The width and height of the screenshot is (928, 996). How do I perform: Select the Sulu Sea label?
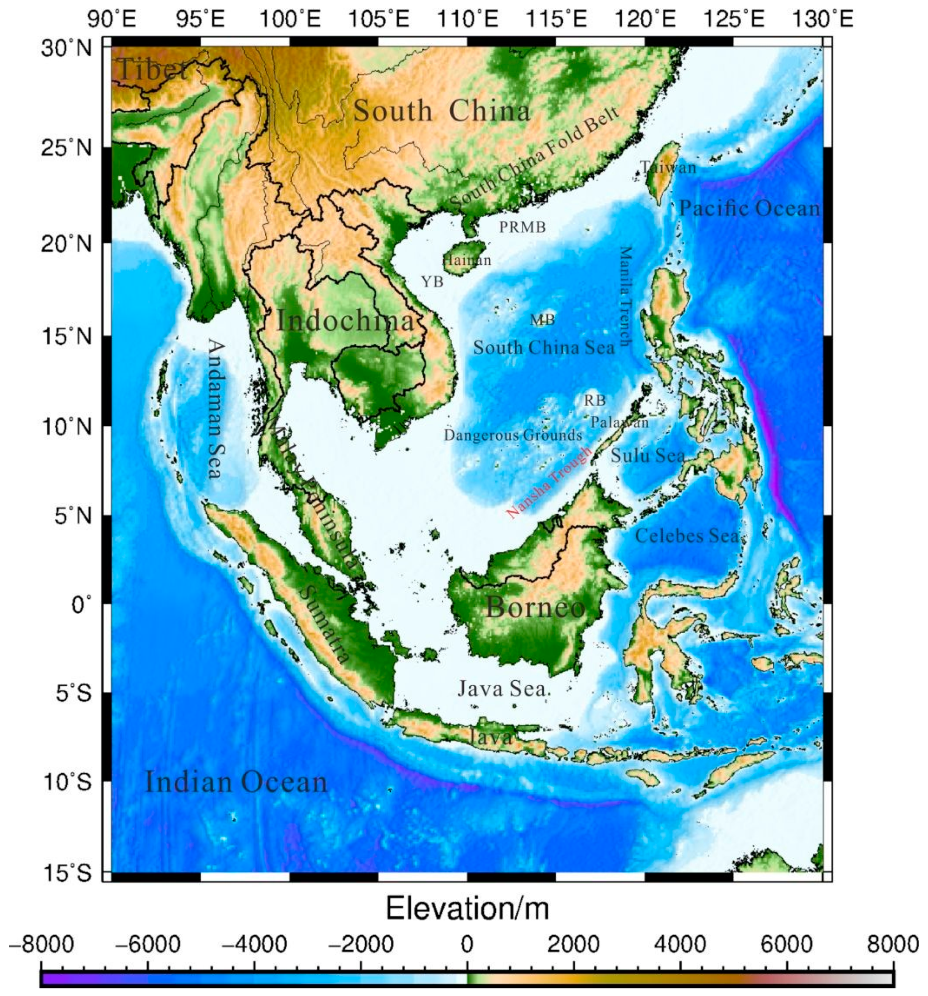647,456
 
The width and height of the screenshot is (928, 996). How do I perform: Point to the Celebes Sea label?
687,536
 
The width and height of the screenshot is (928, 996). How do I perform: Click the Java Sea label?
502,689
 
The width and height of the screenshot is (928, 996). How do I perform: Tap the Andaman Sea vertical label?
216,409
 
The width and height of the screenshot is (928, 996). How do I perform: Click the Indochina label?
346,321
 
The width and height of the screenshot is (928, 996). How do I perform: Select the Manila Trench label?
625,296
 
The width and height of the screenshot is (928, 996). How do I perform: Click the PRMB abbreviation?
522,227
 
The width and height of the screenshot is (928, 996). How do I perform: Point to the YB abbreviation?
432,282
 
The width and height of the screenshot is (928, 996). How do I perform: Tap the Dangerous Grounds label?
513,435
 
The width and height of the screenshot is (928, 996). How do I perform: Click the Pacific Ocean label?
749,208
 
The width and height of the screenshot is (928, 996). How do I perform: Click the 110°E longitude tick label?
467,20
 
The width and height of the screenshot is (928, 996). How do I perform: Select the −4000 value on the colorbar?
254,945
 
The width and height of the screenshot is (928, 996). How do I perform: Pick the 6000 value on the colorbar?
786,945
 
